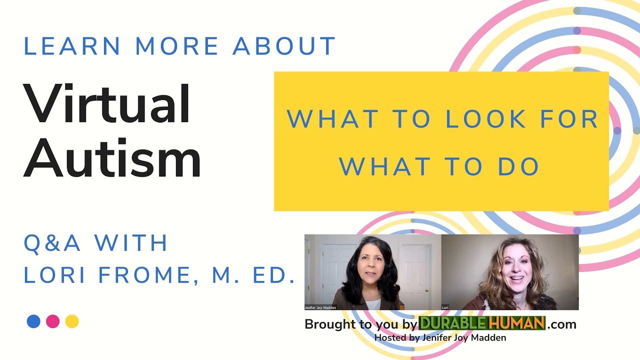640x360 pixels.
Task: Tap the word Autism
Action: [x=112, y=157]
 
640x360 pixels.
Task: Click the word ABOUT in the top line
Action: [x=284, y=46]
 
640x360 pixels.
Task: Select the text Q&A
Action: [x=52, y=243]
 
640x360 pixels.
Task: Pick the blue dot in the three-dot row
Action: [x=33, y=321]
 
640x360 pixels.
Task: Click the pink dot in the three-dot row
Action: [x=53, y=321]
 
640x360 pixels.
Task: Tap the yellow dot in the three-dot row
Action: [x=72, y=321]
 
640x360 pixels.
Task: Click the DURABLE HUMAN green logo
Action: [x=481, y=323]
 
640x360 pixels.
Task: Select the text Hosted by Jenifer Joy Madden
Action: [x=440, y=338]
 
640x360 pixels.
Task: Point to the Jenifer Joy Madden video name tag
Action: [x=320, y=307]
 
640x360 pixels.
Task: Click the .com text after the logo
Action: [x=561, y=324]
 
